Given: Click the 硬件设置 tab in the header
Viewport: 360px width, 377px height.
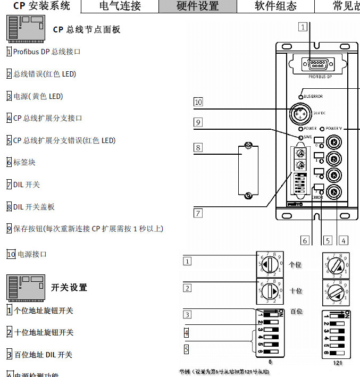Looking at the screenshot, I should point(197,6).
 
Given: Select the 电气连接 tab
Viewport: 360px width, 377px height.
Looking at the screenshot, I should point(120,6).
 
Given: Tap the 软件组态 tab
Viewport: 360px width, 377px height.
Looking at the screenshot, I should point(275,6).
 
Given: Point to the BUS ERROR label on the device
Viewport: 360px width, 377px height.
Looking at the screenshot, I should point(314,96).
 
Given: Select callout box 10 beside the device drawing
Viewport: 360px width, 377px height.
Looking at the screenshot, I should point(198,102).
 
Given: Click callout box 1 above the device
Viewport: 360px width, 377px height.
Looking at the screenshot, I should point(303,27).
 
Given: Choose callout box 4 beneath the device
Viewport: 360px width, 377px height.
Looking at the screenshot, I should point(344,240).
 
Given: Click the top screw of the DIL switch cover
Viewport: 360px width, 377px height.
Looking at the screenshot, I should point(247,146).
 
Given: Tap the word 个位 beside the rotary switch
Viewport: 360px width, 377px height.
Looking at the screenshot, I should point(296,264).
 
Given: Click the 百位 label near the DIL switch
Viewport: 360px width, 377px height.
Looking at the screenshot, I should point(296,311).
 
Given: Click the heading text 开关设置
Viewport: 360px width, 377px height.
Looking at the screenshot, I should point(69,288).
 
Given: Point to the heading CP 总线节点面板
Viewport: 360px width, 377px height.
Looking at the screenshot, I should point(87,30).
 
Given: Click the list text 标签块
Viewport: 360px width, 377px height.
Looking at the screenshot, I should point(24,162).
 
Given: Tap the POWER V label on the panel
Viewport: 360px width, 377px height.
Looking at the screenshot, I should point(334,129).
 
